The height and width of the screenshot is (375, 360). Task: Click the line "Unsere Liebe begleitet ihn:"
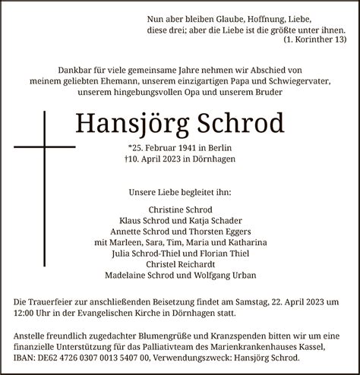click(x=180, y=194)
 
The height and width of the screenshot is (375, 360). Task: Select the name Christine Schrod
click(x=180, y=210)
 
